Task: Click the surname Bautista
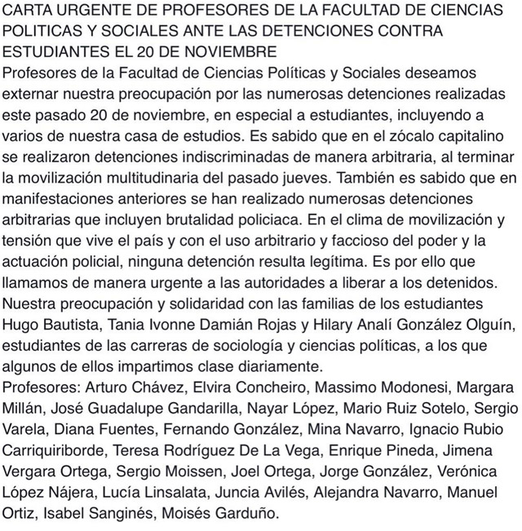click(69, 326)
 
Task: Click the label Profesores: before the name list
click(38, 385)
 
